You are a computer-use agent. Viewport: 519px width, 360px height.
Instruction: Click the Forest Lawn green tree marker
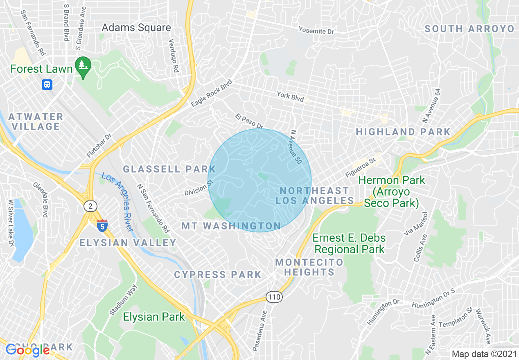[x=83, y=67]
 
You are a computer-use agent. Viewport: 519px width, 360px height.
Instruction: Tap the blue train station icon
[x=47, y=85]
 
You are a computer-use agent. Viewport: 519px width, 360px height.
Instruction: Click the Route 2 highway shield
[x=90, y=206]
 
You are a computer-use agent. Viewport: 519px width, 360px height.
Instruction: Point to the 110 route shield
[x=274, y=297]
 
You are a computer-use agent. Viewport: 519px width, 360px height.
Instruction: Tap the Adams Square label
[x=136, y=28]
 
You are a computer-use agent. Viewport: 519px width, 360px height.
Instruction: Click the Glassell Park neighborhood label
[x=169, y=169]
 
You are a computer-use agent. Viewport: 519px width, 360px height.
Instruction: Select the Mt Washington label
[x=231, y=226]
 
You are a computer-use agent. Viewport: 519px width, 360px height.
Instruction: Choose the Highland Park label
[x=403, y=132]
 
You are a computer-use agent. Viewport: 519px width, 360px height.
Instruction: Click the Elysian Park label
[x=154, y=317]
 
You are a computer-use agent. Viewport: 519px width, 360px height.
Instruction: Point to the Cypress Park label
[x=217, y=274]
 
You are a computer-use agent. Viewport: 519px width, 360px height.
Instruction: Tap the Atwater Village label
[x=36, y=122]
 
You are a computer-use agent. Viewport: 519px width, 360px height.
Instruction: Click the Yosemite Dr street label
[x=316, y=30]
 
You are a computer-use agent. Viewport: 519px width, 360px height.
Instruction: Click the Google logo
[x=27, y=350]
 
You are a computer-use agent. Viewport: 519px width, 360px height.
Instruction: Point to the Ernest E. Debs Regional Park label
[x=349, y=243]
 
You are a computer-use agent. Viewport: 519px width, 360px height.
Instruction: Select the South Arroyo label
[x=469, y=29]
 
